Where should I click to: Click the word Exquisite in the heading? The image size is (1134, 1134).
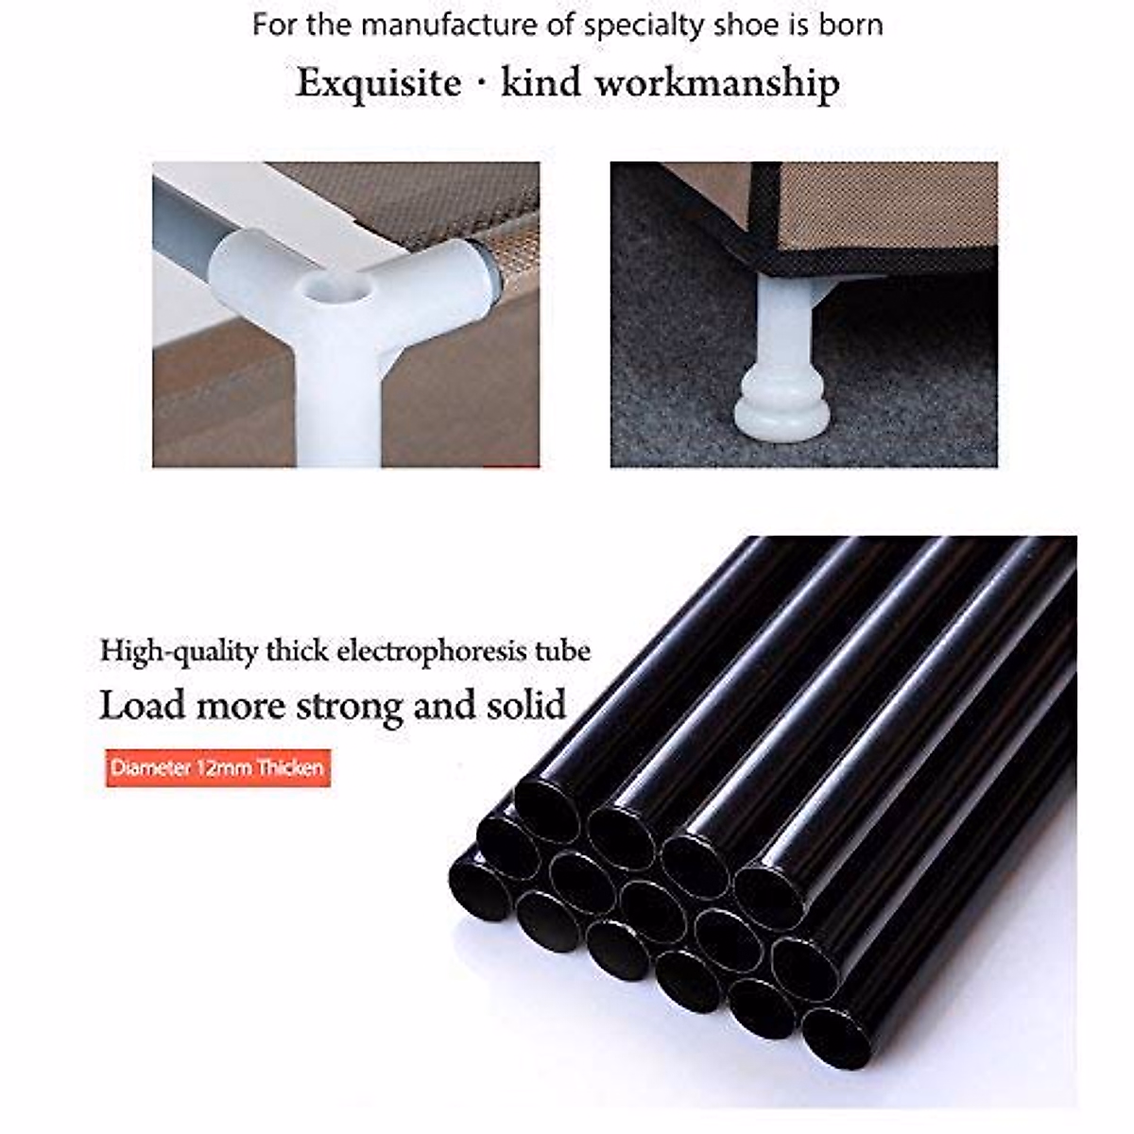[379, 84]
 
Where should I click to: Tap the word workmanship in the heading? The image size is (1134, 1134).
[716, 84]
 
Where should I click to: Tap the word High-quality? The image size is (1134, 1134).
[179, 652]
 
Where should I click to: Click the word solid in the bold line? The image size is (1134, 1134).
[524, 706]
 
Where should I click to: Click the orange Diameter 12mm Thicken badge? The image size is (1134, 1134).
[217, 767]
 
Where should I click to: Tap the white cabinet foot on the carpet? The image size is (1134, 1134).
[782, 378]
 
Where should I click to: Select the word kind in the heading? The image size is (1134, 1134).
[540, 84]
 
